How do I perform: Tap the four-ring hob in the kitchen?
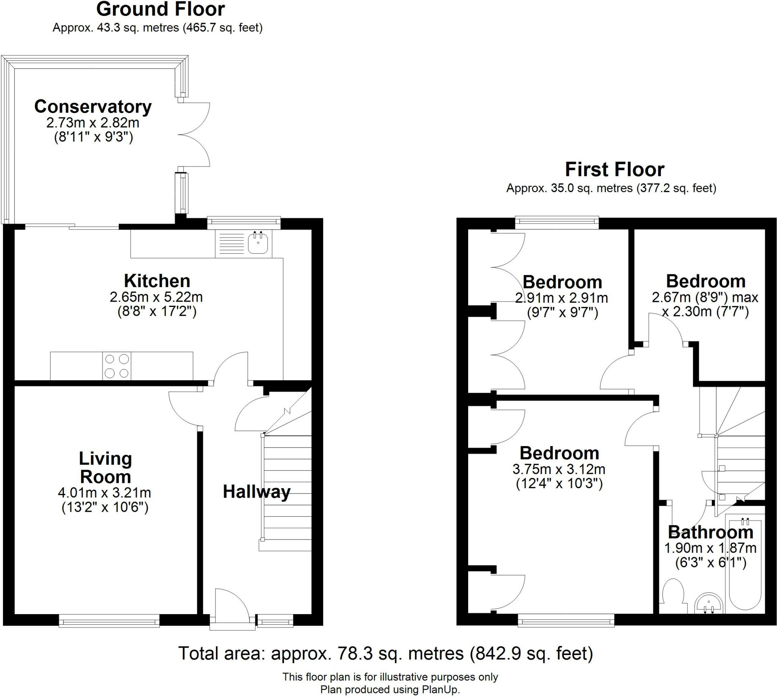tap(116, 366)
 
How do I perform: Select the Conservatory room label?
tap(93, 107)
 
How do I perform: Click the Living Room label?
tap(105, 467)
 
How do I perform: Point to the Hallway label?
tap(256, 492)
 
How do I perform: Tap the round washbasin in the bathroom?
tap(709, 604)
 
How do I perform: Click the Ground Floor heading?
tap(160, 9)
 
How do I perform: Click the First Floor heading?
tap(614, 170)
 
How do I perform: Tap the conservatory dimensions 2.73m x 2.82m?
tap(93, 123)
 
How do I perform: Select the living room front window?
tap(109, 621)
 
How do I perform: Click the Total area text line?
tap(386, 654)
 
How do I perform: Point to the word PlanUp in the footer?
tap(440, 690)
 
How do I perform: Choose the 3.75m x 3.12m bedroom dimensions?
tap(559, 469)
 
